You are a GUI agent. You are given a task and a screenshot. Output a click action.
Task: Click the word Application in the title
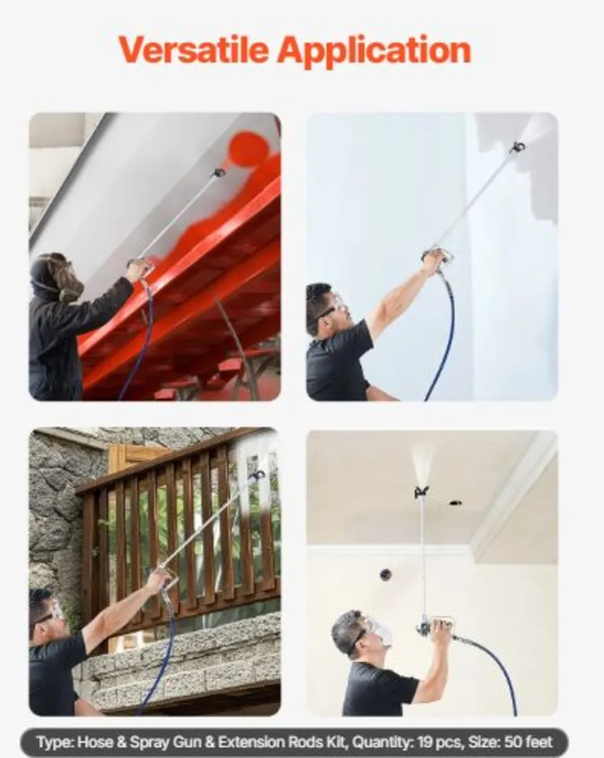(374, 51)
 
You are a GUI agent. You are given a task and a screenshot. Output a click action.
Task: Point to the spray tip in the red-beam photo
(219, 173)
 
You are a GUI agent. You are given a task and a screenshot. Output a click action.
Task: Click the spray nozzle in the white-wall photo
(518, 147)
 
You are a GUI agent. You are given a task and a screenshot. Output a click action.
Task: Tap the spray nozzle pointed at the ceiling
(421, 491)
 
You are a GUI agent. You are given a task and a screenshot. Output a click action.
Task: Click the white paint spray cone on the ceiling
(423, 465)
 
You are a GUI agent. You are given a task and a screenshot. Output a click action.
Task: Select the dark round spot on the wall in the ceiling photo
(386, 574)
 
